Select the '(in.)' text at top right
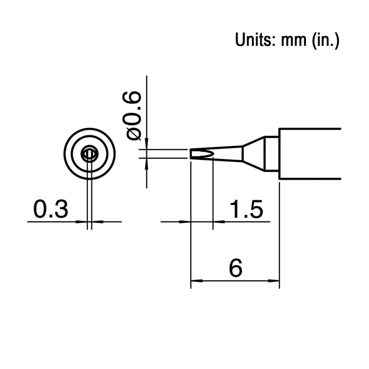(x=325, y=41)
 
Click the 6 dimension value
(x=236, y=268)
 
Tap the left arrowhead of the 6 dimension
(x=196, y=280)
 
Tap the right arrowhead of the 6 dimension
(x=274, y=280)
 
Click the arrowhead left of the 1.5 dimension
(x=185, y=222)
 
